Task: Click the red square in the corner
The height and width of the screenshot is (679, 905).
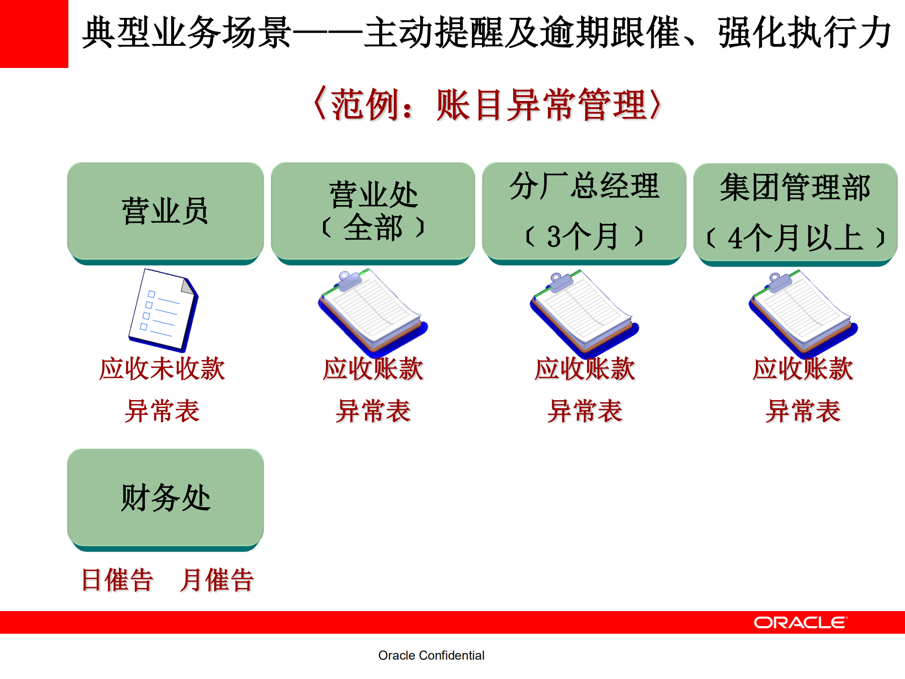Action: pyautogui.click(x=34, y=34)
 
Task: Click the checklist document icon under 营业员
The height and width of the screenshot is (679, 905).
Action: pyautogui.click(x=163, y=310)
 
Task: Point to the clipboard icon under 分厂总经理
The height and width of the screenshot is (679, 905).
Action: pyautogui.click(x=583, y=312)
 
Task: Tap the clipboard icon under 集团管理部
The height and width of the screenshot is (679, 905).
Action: pyautogui.click(x=802, y=312)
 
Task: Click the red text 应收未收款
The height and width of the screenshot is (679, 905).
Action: pyautogui.click(x=162, y=369)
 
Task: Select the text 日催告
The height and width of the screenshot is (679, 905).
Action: pyautogui.click(x=117, y=580)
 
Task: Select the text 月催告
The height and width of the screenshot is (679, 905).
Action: pyautogui.click(x=217, y=580)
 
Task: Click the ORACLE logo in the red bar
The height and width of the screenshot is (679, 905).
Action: pyautogui.click(x=800, y=622)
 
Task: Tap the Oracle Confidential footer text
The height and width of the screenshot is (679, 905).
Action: pyautogui.click(x=431, y=655)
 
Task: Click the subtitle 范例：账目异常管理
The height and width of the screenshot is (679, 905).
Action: pyautogui.click(x=488, y=105)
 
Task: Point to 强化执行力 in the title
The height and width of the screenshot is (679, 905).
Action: pyautogui.click(x=805, y=33)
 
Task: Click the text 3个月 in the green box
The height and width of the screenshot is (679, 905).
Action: pyautogui.click(x=583, y=236)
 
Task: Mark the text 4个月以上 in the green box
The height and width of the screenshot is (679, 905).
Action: pyautogui.click(x=795, y=238)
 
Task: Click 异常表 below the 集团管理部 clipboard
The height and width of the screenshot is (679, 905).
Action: pyautogui.click(x=803, y=411)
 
